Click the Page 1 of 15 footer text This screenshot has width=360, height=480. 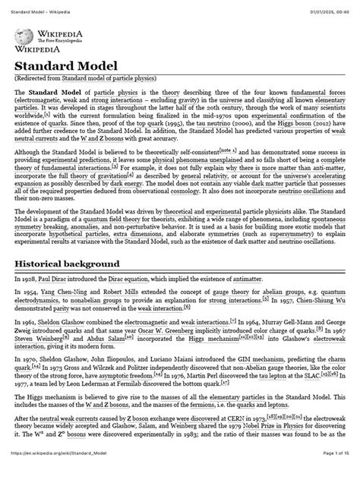click(x=327, y=474)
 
